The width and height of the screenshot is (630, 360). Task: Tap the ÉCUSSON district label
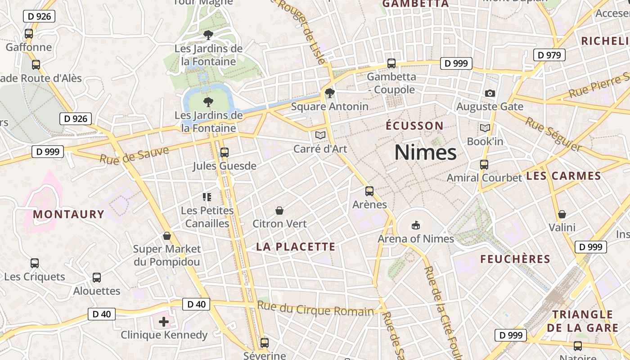point(414,126)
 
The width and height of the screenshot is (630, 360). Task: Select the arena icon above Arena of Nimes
point(415,225)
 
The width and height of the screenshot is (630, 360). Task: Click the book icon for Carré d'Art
point(320,135)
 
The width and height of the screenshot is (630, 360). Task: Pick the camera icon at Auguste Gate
point(490,93)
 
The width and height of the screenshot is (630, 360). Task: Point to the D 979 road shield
point(549,55)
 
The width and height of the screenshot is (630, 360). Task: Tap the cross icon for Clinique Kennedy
point(164,321)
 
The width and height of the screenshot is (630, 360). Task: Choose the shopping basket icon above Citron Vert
point(279,210)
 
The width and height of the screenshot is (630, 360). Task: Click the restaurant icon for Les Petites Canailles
point(207,197)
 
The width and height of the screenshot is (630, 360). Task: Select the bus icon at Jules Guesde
point(224,153)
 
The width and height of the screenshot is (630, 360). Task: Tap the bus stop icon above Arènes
point(369,191)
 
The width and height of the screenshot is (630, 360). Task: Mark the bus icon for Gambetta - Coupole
point(391,63)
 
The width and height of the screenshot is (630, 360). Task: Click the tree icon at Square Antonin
point(330,93)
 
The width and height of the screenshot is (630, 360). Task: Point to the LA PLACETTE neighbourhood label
point(296,247)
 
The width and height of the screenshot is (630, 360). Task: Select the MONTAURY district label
point(68,214)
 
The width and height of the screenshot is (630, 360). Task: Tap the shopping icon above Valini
point(562,214)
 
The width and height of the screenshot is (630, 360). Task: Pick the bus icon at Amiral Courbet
point(484,165)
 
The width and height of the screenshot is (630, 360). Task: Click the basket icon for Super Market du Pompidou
point(167,236)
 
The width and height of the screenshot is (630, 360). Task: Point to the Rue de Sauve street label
point(134,155)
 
